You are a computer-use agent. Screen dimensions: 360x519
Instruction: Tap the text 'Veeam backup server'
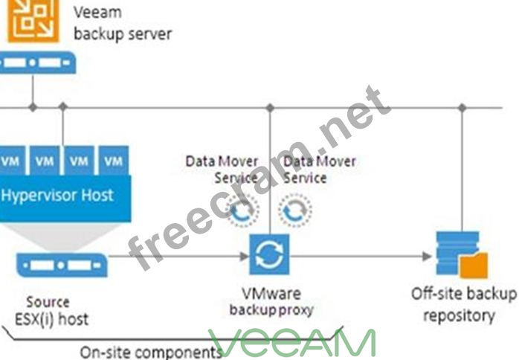(123, 23)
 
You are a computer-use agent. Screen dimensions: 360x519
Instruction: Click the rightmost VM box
(113, 160)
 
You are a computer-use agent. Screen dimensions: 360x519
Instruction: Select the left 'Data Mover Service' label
(221, 170)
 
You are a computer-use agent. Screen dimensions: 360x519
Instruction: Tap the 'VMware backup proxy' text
(271, 301)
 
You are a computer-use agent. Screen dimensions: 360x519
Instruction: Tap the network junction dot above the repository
(462, 108)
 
